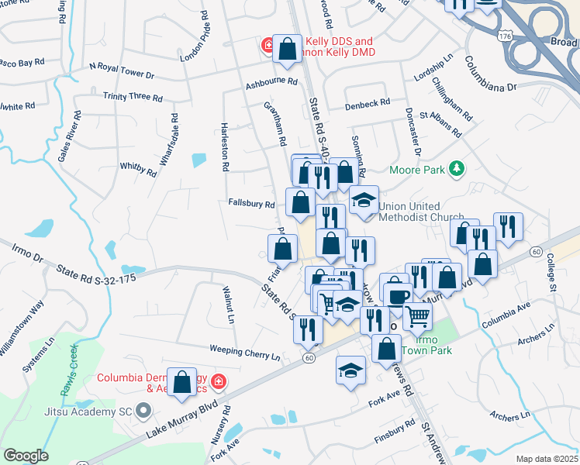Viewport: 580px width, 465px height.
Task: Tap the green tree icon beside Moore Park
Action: [457, 168]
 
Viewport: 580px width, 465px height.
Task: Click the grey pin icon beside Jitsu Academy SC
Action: [142, 410]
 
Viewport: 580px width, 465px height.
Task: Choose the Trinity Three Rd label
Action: [133, 98]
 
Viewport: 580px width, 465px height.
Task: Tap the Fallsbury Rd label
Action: [251, 205]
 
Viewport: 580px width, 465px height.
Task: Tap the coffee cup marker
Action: [399, 296]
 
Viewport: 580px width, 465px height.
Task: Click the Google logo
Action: [26, 456]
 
